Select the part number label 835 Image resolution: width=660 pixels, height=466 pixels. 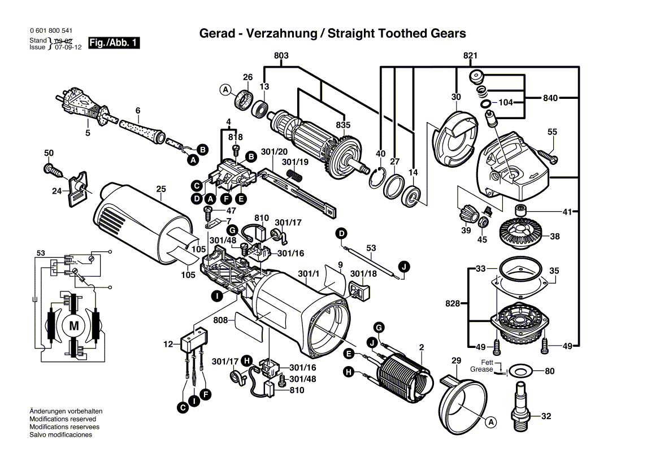(x=343, y=125)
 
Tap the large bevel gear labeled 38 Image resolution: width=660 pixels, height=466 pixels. (x=519, y=230)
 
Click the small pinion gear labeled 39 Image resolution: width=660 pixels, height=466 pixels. (x=466, y=215)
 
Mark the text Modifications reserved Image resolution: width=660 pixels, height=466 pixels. (x=63, y=419)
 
